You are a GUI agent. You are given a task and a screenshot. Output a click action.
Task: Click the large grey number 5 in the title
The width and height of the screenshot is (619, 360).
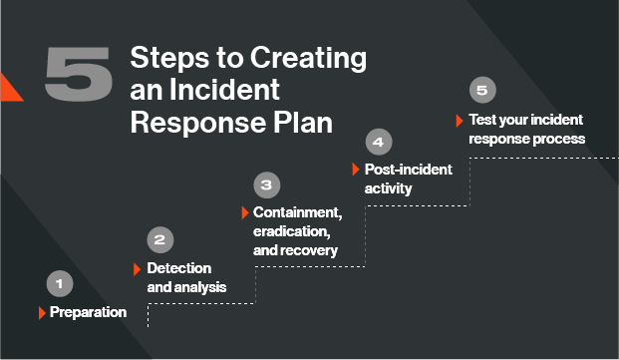coord(79,75)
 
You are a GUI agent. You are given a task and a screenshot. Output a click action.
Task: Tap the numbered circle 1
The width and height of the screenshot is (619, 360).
coord(59,283)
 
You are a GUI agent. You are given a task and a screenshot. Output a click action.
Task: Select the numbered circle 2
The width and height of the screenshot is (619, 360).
coord(160,239)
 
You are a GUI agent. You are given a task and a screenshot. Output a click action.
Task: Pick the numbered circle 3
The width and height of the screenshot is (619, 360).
coord(266,184)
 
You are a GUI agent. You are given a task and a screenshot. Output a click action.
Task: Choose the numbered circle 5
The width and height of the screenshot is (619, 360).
coord(481,91)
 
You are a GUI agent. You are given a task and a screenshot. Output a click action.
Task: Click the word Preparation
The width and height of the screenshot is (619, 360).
coord(89,312)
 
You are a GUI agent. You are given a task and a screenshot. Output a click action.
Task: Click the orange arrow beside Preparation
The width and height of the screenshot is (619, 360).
coord(42,312)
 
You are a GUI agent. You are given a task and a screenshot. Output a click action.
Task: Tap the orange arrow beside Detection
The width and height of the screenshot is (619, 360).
coord(138,268)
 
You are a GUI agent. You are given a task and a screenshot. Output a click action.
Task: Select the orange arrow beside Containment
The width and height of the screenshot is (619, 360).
coord(245,213)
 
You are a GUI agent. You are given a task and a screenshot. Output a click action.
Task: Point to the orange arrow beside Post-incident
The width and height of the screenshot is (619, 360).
coord(355,170)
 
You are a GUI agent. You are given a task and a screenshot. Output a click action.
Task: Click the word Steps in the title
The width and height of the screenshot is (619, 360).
coord(166,58)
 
